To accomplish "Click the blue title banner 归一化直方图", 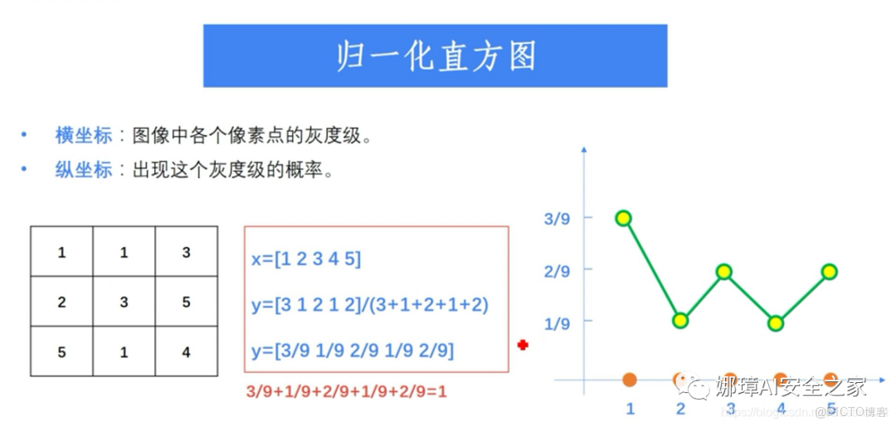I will pyautogui.click(x=435, y=56).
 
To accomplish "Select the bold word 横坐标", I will pyautogui.click(x=84, y=135).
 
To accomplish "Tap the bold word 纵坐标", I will pyautogui.click(x=84, y=171).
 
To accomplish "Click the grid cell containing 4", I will pyautogui.click(x=186, y=352).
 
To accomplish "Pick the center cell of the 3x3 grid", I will pyautogui.click(x=124, y=303).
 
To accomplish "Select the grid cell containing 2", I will pyautogui.click(x=61, y=303).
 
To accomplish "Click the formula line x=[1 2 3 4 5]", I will pyautogui.click(x=306, y=259).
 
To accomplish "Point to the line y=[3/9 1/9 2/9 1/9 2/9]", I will pyautogui.click(x=353, y=351).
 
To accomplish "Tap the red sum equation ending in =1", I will pyautogui.click(x=346, y=391).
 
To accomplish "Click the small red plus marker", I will pyautogui.click(x=523, y=345).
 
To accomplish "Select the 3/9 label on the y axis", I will pyautogui.click(x=557, y=220).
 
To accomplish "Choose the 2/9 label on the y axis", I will pyautogui.click(x=557, y=271).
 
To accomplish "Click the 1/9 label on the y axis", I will pyautogui.click(x=557, y=323).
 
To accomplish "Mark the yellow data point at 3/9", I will pyautogui.click(x=624, y=219).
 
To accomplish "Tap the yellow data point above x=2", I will pyautogui.click(x=680, y=321).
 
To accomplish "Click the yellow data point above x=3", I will pyautogui.click(x=723, y=272).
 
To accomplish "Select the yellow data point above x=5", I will pyautogui.click(x=829, y=272).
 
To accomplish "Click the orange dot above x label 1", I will pyautogui.click(x=630, y=380).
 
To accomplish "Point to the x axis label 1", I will pyautogui.click(x=630, y=409).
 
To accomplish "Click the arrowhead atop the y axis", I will pyautogui.click(x=584, y=150).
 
